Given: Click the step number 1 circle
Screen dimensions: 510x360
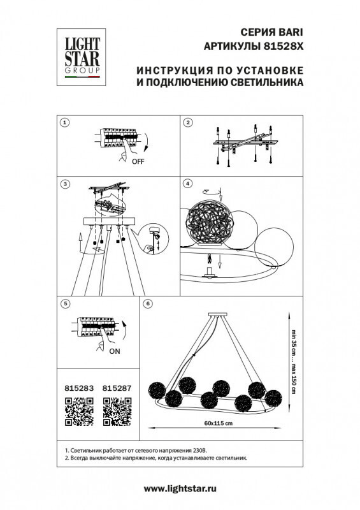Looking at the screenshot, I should [64, 122].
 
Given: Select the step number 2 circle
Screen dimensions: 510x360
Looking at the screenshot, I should [188, 122].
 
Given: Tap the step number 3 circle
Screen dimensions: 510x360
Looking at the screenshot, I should [64, 184].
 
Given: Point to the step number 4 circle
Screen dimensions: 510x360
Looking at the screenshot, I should [188, 184].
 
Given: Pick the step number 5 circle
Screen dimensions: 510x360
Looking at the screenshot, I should [64, 305].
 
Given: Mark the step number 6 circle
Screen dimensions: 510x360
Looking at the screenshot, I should [148, 305].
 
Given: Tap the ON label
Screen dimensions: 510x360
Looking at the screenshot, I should [115, 350].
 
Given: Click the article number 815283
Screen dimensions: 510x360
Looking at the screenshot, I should [79, 386].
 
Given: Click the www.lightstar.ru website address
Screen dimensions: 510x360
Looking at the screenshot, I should [180, 488].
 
